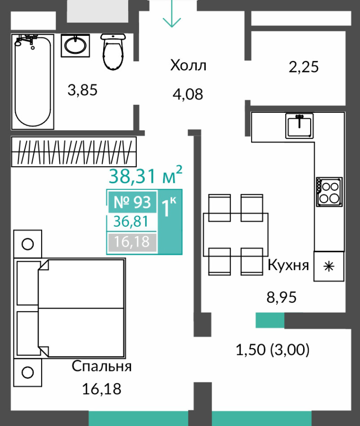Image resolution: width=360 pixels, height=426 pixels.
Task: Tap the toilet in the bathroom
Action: pyautogui.click(x=113, y=52)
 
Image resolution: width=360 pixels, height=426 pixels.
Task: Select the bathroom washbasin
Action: pyautogui.click(x=75, y=45)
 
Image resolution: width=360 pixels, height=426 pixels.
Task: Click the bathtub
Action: pyautogui.click(x=33, y=82)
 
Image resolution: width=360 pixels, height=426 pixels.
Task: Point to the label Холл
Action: pyautogui.click(x=188, y=65)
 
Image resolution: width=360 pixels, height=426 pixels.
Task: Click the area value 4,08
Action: pyautogui.click(x=188, y=94)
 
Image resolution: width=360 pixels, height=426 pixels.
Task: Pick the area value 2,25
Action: pyautogui.click(x=304, y=67)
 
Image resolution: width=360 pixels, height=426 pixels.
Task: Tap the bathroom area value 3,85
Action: pyautogui.click(x=82, y=90)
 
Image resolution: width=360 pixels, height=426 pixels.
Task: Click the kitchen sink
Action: pyautogui.click(x=299, y=126)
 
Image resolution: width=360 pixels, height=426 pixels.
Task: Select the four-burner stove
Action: pyautogui.click(x=329, y=192)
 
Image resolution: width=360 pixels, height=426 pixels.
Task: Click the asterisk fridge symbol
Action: pyautogui.click(x=329, y=266)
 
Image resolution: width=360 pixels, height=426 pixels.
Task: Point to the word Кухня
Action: pyautogui.click(x=288, y=265)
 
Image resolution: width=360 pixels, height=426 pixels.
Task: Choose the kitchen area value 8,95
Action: pyautogui.click(x=282, y=297)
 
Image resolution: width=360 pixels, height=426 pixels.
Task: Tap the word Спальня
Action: pyautogui.click(x=102, y=366)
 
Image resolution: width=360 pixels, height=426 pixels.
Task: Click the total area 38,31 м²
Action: pyautogui.click(x=145, y=175)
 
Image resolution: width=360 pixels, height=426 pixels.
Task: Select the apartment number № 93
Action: pyautogui.click(x=132, y=202)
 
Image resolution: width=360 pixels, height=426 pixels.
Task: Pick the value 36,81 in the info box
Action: pyautogui.click(x=131, y=221)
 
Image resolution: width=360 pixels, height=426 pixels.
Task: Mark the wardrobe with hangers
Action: pyautogui.click(x=74, y=151)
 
